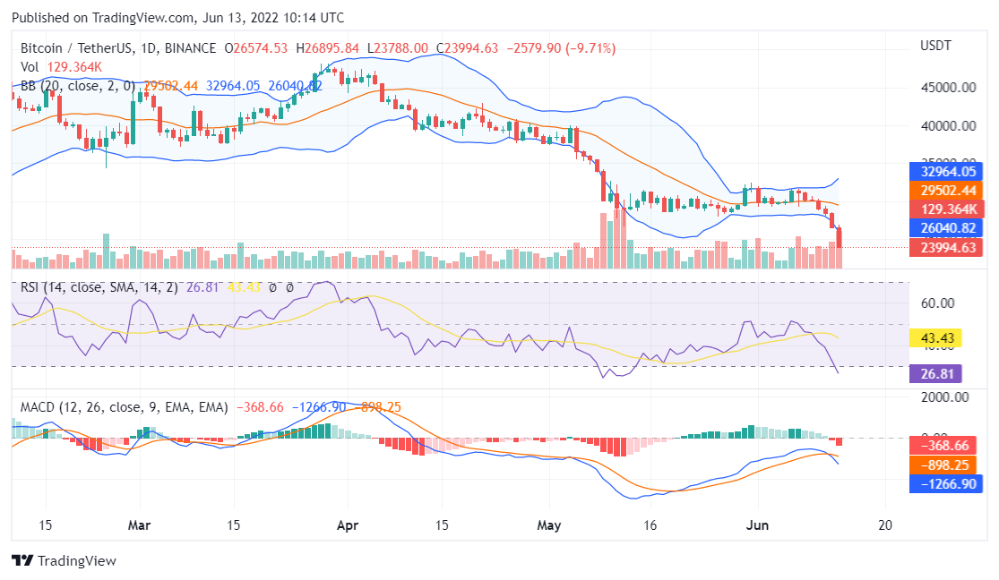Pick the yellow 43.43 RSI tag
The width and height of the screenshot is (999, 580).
pyautogui.click(x=935, y=338)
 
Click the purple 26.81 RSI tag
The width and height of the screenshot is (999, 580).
pyautogui.click(x=935, y=374)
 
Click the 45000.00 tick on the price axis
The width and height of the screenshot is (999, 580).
pyautogui.click(x=947, y=88)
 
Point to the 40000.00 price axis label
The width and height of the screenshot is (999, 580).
pyautogui.click(x=947, y=126)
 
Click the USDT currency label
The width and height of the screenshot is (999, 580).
pyautogui.click(x=936, y=46)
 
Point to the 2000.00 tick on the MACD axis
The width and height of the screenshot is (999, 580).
pyautogui.click(x=944, y=397)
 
